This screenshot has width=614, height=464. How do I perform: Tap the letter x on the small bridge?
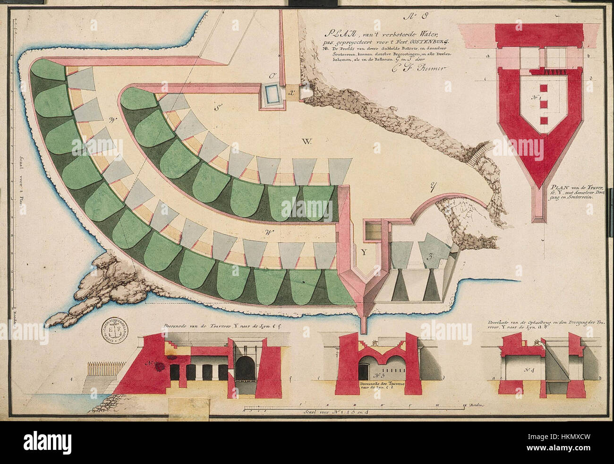pyautogui.click(x=291, y=93)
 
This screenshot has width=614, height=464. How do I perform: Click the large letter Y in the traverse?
pyautogui.click(x=364, y=252)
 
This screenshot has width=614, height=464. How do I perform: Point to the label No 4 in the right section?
pyautogui.click(x=530, y=370)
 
